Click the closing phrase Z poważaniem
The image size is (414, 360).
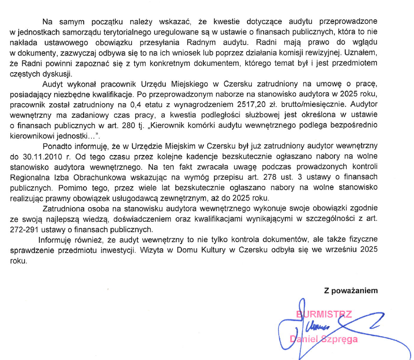[351, 291]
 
